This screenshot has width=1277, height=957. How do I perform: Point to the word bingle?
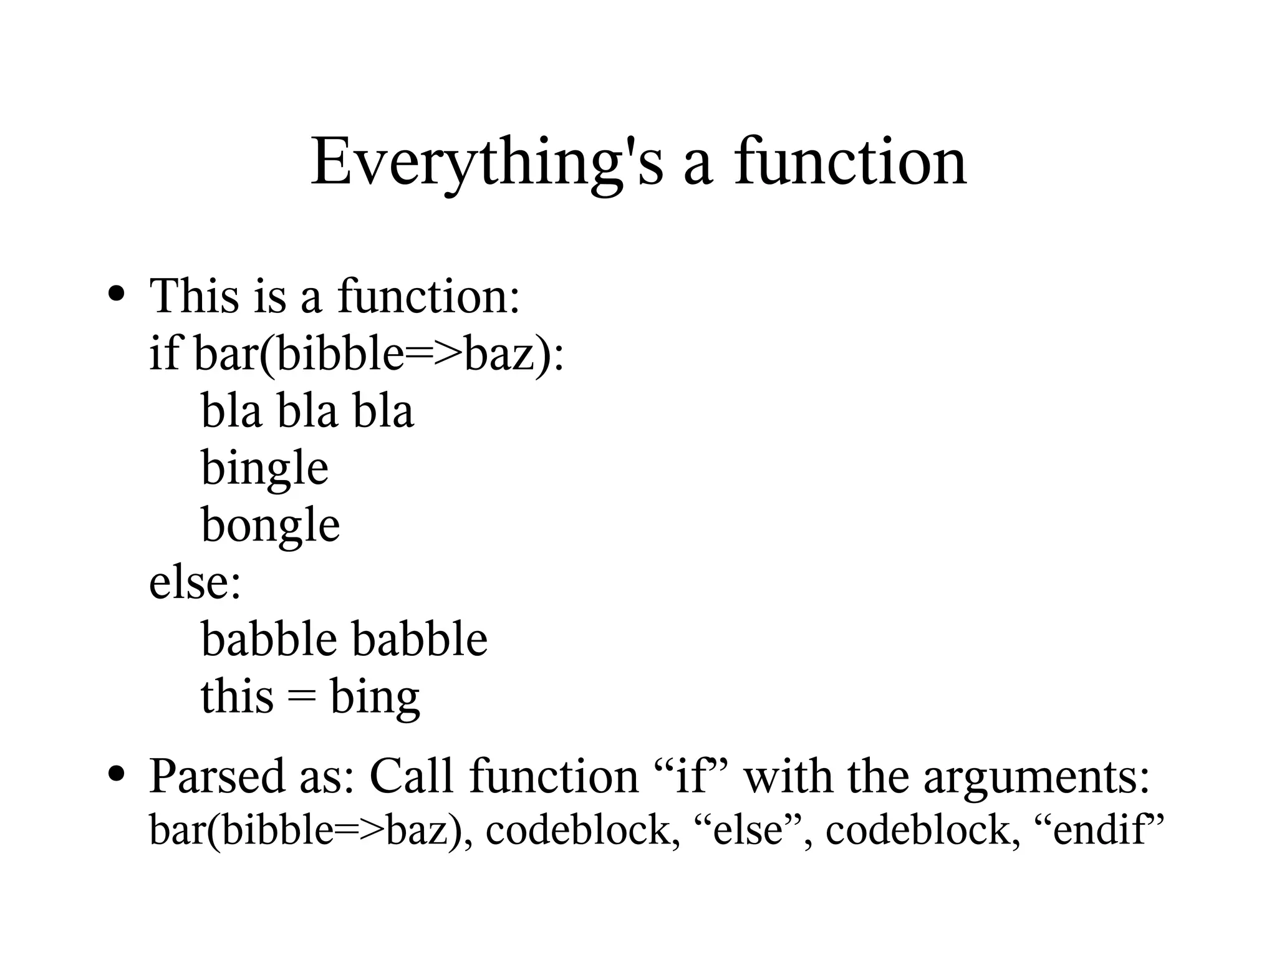(x=264, y=468)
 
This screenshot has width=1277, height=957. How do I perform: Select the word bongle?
(x=271, y=526)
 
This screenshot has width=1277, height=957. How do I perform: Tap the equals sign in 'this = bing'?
(x=302, y=697)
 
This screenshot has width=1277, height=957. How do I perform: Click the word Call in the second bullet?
(x=412, y=776)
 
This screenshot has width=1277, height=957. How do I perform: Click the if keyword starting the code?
(x=164, y=352)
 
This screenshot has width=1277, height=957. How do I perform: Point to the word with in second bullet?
(x=789, y=776)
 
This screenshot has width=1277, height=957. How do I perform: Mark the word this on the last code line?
(x=237, y=697)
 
